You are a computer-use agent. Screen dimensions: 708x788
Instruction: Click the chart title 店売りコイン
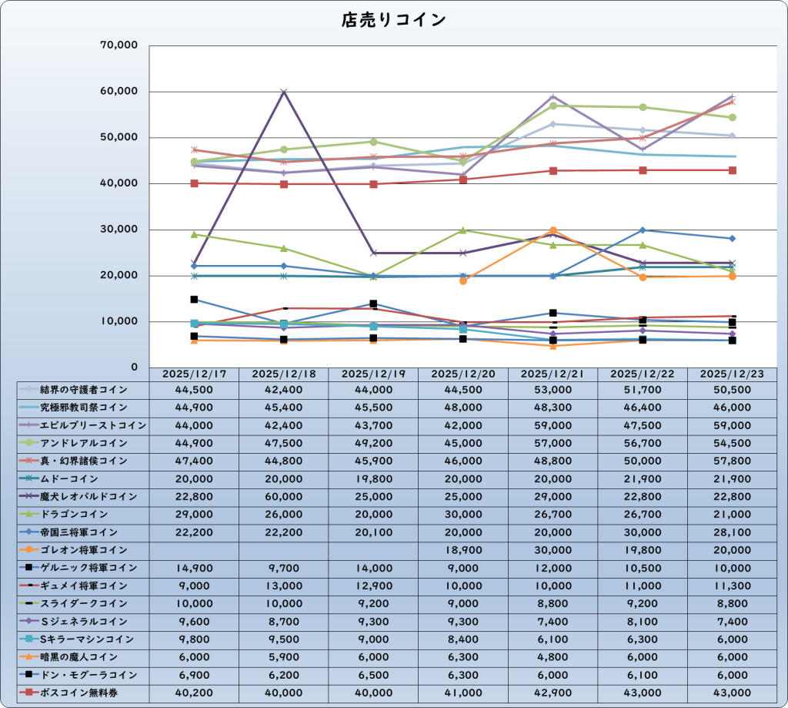click(393, 21)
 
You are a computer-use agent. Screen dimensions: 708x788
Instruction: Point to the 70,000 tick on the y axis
click(119, 45)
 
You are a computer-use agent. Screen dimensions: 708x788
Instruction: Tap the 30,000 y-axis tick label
click(119, 230)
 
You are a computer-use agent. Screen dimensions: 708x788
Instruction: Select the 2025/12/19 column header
click(373, 374)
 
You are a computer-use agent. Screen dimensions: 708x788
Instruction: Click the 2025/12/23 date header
click(732, 374)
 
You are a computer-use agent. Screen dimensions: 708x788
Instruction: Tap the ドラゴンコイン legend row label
click(84, 514)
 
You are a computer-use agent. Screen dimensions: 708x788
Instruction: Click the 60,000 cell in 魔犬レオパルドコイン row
click(284, 497)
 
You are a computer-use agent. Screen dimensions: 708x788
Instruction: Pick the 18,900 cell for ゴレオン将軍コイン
click(463, 550)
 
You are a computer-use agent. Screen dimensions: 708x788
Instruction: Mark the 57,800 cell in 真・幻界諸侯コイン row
click(732, 461)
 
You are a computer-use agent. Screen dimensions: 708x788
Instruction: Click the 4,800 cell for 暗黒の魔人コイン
click(553, 657)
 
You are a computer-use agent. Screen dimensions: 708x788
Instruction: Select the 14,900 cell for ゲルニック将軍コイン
click(194, 568)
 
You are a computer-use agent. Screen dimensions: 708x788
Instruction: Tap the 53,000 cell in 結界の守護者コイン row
click(553, 390)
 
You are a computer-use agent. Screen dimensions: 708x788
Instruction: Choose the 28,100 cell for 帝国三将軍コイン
click(732, 532)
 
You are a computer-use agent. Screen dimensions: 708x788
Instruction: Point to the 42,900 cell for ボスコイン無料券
click(553, 693)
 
